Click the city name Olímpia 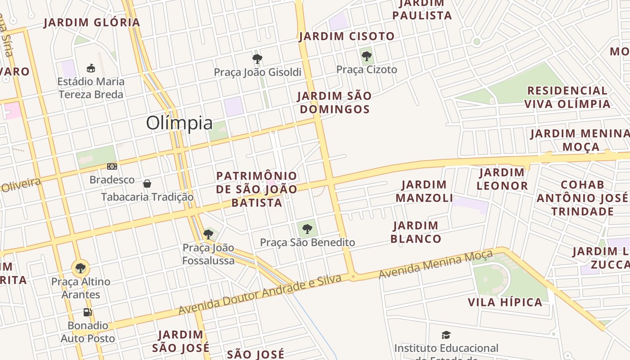179,123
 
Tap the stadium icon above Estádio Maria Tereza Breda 91,68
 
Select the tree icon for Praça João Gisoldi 257,58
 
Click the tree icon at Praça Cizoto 367,56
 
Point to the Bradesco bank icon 112,166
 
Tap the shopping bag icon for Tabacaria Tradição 147,184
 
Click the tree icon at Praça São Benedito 307,229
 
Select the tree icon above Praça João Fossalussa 208,234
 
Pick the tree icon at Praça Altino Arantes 81,268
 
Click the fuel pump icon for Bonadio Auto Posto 88,312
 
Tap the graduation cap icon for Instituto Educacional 446,335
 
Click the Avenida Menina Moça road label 436,264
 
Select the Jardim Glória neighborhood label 92,22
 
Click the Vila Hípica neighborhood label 505,302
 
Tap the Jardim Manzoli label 424,191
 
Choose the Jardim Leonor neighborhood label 502,179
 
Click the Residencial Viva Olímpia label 567,97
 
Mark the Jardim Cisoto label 346,36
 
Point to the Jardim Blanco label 416,232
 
